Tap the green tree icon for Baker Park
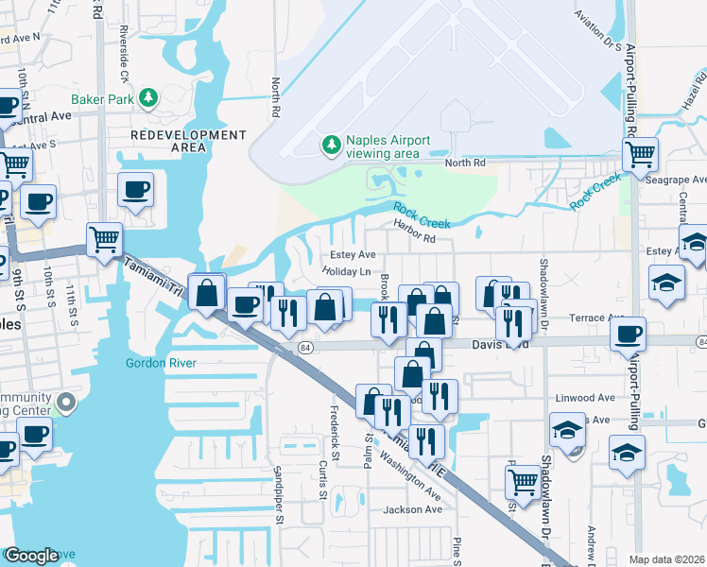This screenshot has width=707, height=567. tap(148, 97)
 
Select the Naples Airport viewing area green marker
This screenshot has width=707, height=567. tap(331, 145)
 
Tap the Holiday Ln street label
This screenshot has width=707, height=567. tap(346, 271)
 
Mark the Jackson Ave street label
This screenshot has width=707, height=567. tap(412, 509)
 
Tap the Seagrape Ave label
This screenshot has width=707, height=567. tap(683, 180)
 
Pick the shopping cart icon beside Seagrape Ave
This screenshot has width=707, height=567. tap(640, 152)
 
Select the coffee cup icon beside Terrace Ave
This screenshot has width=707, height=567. tap(628, 334)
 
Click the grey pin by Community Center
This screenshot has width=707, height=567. tap(65, 404)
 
